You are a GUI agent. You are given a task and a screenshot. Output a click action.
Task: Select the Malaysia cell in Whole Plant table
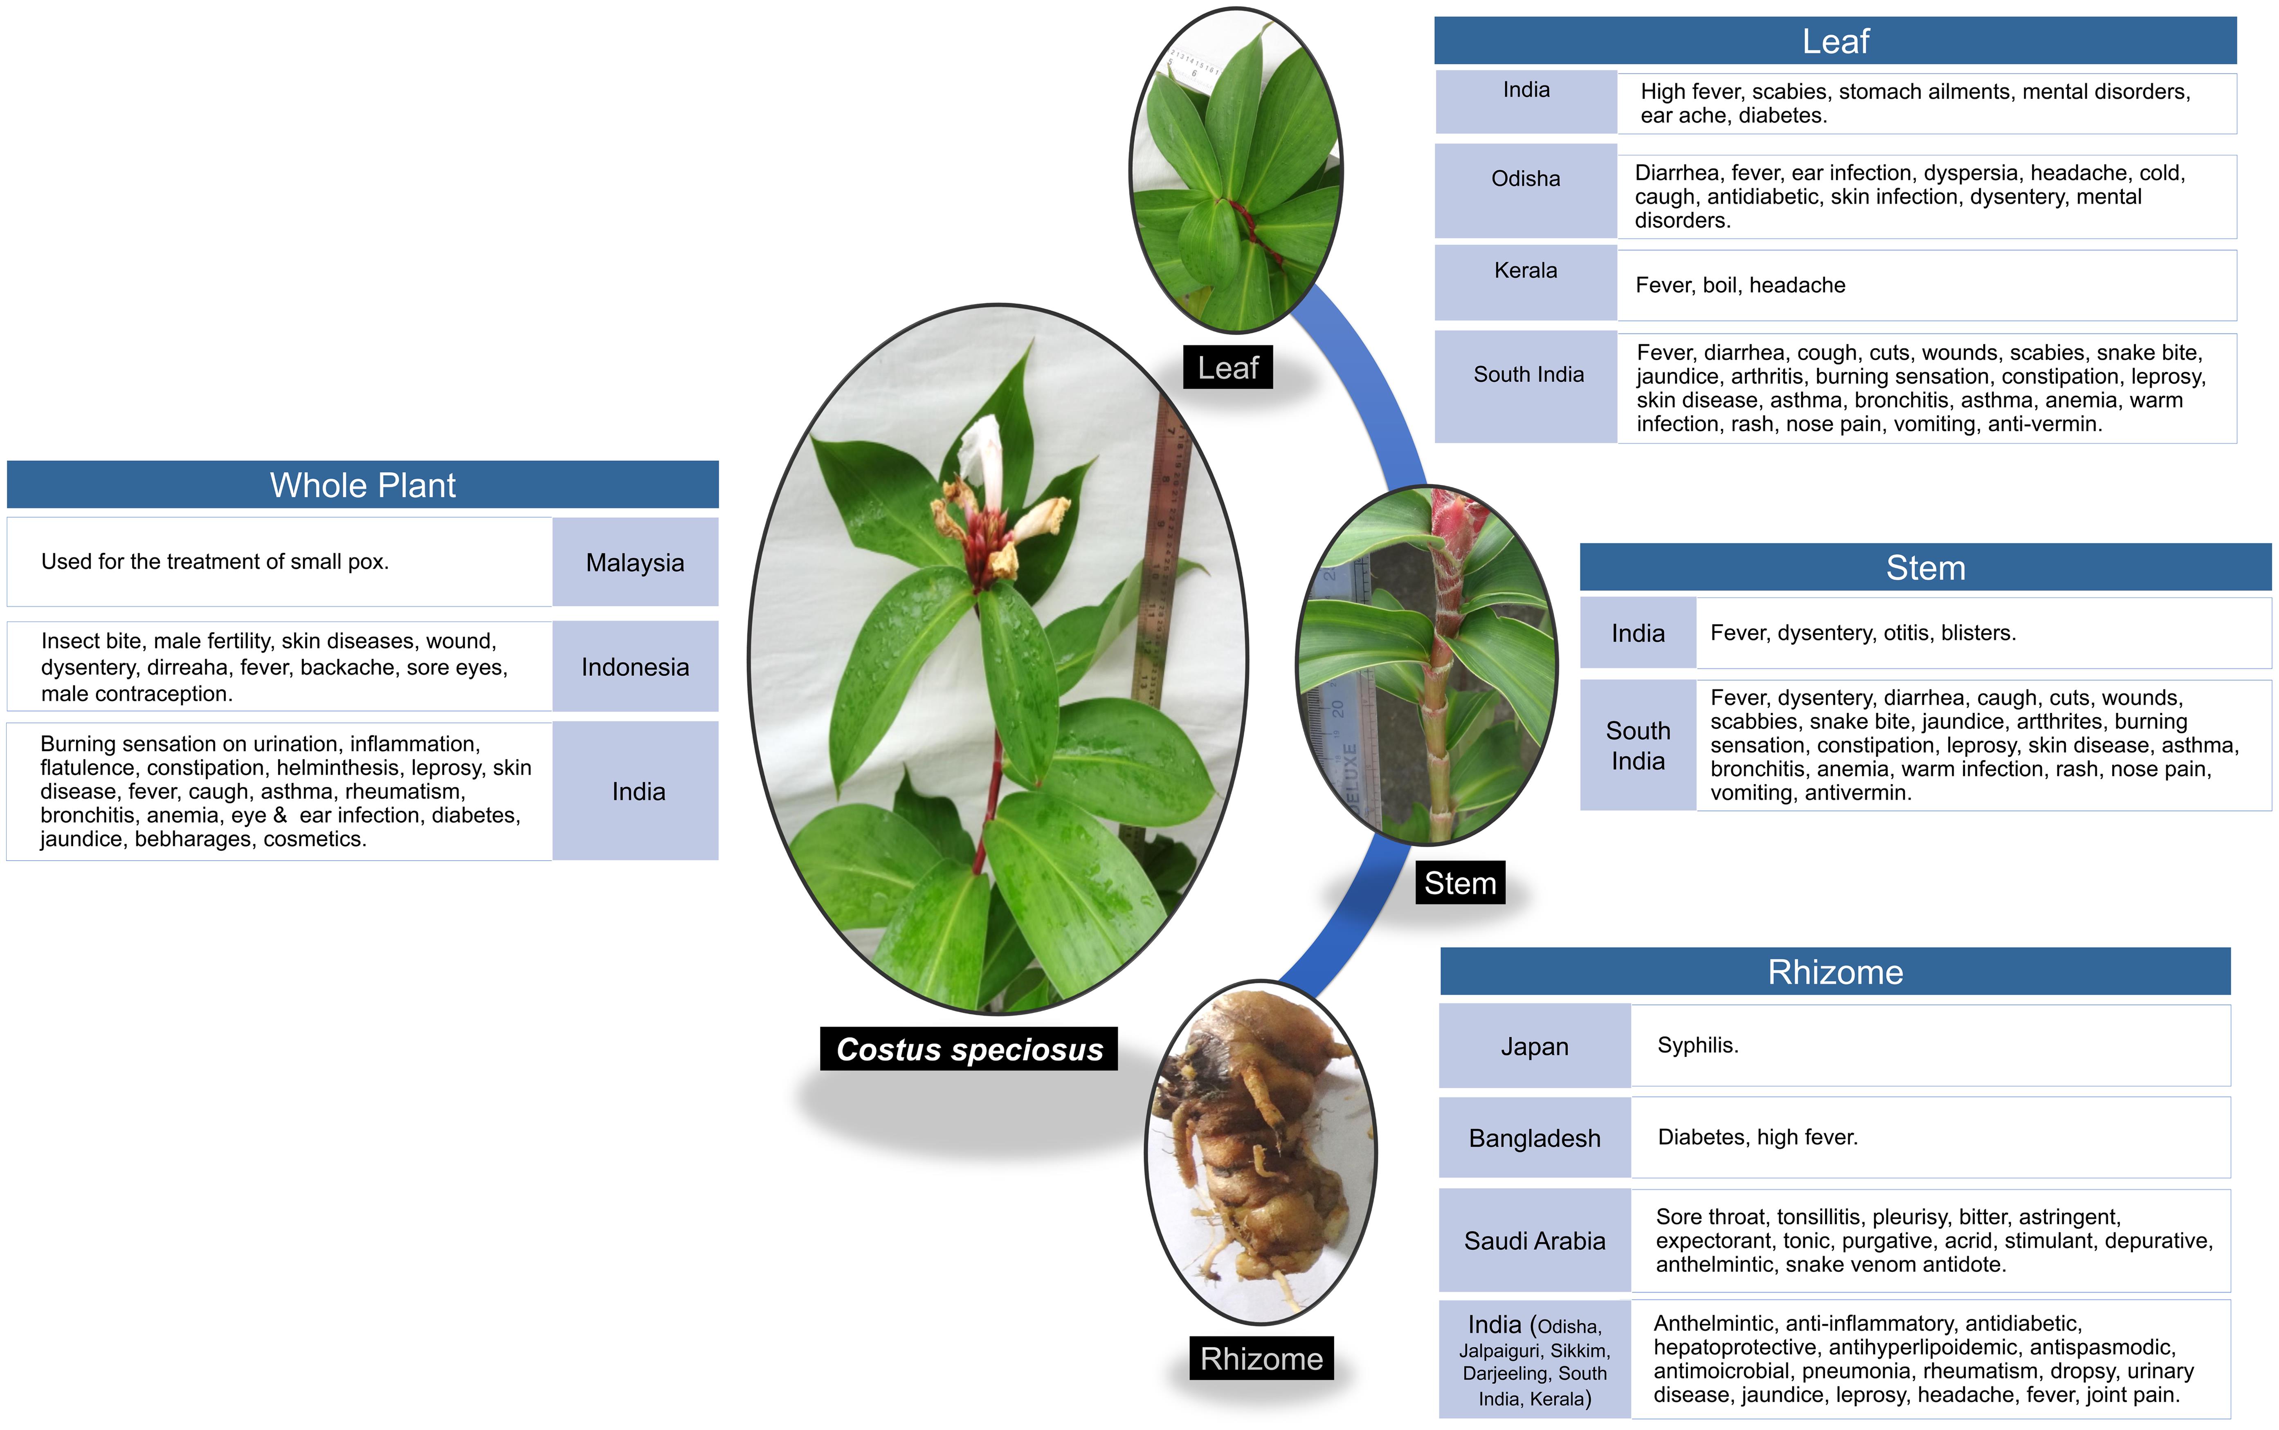635,563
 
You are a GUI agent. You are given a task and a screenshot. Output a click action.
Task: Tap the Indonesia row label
635,667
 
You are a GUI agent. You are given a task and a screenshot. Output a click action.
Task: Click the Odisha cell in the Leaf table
1525,179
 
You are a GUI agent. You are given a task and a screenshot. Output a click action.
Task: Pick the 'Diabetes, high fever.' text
1757,1137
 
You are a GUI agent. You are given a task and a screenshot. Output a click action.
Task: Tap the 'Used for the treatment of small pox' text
215,562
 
